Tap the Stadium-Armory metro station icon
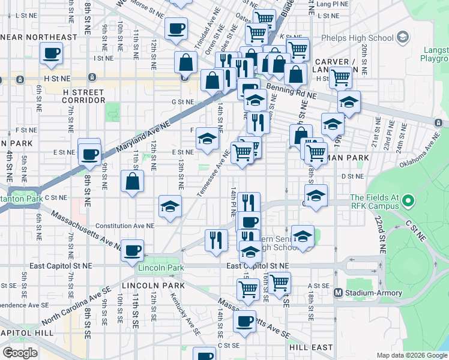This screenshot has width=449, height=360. pos(338,293)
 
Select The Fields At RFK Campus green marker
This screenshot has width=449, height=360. pos(409,201)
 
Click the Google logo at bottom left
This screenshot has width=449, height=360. pos(20,352)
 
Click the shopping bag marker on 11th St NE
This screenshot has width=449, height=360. pos(132,181)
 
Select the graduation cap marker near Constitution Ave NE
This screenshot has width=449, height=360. pos(170,206)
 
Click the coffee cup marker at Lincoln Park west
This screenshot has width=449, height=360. pos(132,250)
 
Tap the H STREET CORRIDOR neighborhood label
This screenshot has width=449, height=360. pos(83,96)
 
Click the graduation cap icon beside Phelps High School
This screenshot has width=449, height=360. pos(403,38)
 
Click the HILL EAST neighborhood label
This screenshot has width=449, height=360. pos(310,347)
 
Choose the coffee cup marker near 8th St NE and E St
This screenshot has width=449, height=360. pos(89,154)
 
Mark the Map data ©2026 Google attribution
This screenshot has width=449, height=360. pos(411,355)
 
